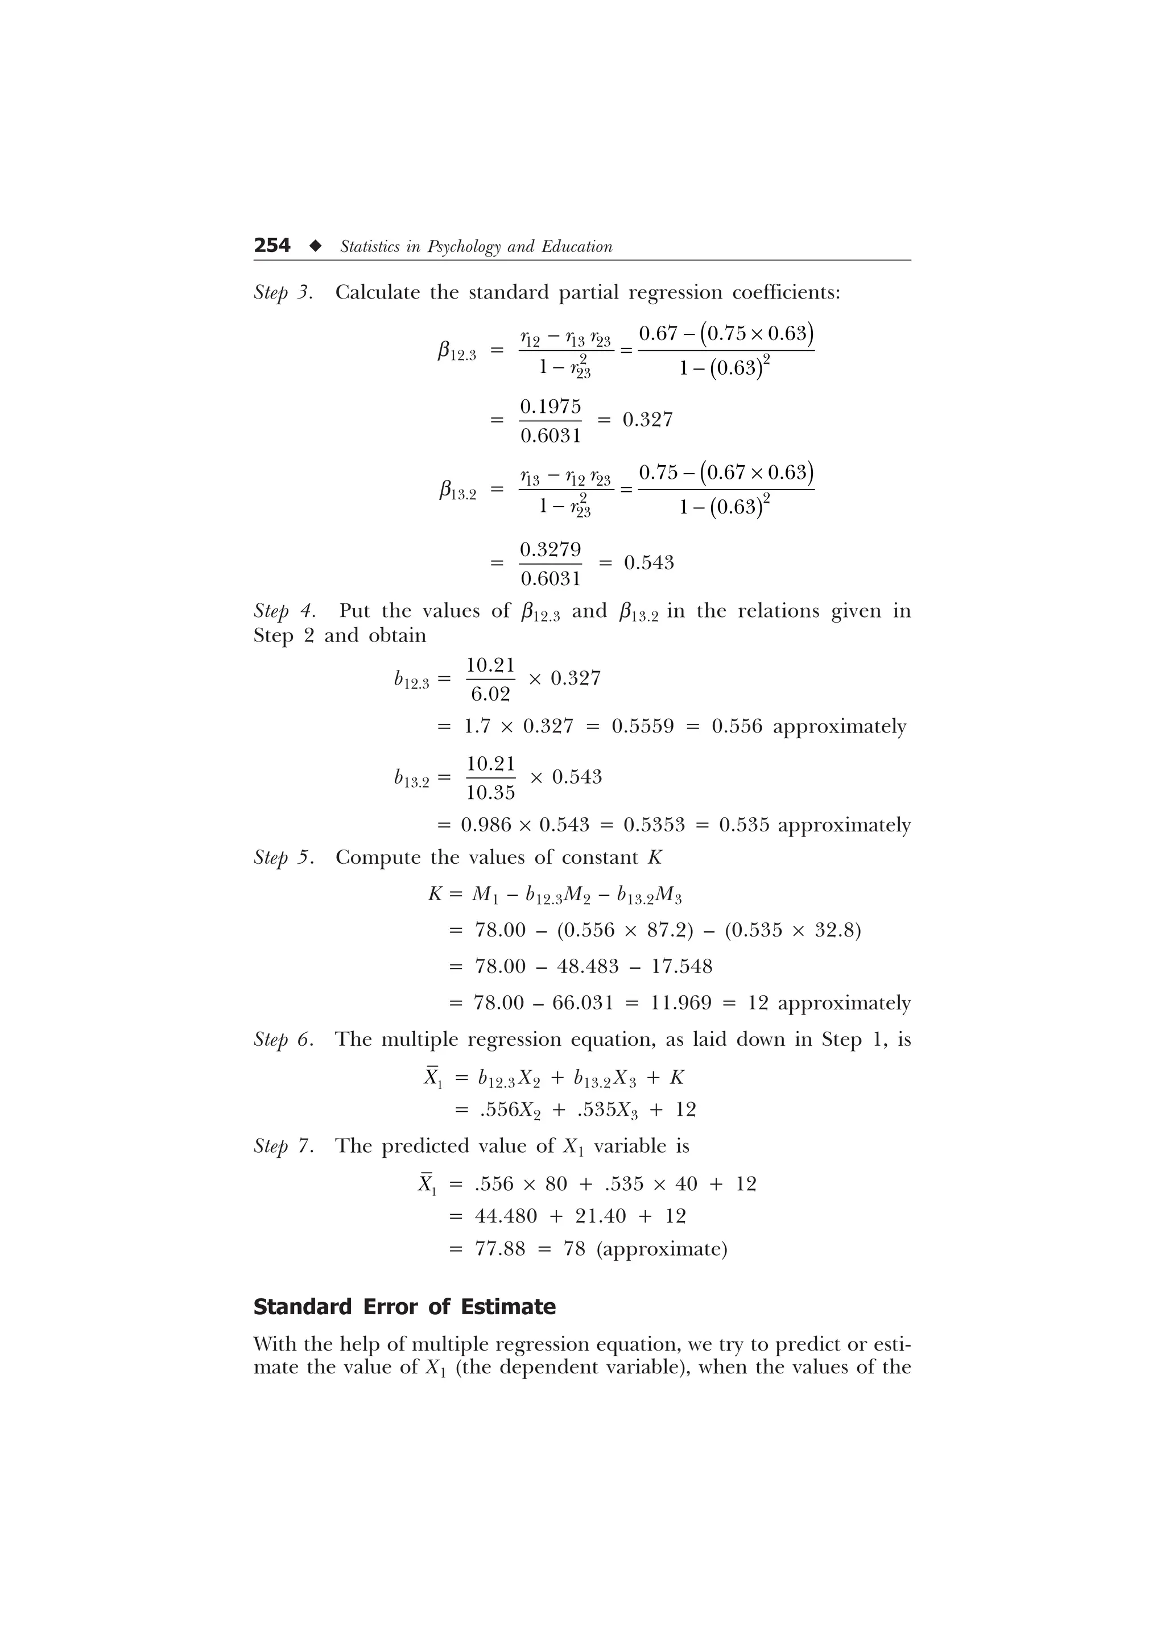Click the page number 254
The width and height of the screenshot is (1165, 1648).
point(272,246)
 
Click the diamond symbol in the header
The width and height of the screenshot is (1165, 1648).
point(315,246)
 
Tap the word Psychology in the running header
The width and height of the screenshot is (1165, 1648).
point(464,247)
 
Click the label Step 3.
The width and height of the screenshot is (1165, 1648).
point(283,293)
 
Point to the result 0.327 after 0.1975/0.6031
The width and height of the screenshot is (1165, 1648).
point(647,419)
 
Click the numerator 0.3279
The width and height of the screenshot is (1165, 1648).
point(551,549)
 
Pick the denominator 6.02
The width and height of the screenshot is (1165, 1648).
point(490,694)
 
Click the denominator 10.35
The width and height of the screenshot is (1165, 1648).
point(490,792)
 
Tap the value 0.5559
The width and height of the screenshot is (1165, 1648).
point(642,726)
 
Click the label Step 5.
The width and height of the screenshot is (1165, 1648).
point(283,858)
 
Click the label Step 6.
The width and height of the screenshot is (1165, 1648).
point(283,1040)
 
